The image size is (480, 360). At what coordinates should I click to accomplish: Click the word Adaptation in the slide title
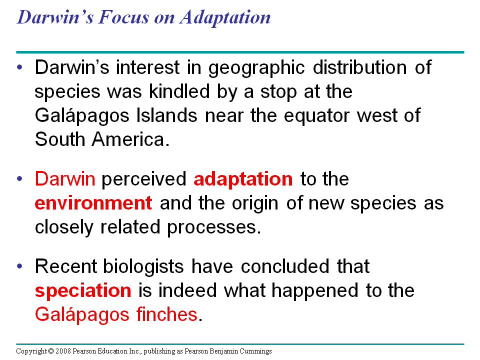[x=225, y=18]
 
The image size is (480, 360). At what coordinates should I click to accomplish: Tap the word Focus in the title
[x=123, y=17]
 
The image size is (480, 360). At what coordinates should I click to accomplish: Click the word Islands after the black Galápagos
[x=167, y=115]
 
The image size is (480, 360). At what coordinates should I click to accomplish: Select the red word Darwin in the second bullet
[x=65, y=179]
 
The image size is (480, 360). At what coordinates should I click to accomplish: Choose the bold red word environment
[x=93, y=203]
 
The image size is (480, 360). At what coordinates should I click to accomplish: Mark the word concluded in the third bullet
[x=285, y=266]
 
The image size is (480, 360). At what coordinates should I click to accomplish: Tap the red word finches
[x=167, y=314]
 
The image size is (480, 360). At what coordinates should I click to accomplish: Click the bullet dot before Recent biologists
[x=20, y=266]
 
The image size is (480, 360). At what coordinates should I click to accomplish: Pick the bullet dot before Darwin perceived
[x=20, y=179]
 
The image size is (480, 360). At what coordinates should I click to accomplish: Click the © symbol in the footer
[x=51, y=351]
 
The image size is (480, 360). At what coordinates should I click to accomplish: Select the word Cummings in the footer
[x=255, y=351]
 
